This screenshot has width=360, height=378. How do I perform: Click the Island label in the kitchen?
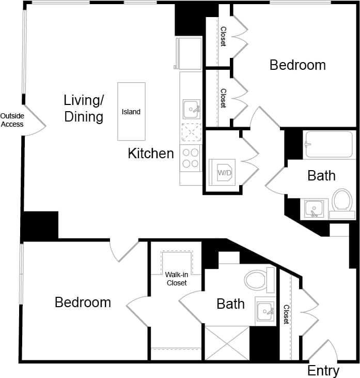(x=131, y=112)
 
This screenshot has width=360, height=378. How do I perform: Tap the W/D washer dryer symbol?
(x=224, y=172)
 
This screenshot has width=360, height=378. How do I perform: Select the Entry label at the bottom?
(x=323, y=370)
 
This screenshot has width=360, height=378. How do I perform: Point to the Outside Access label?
(x=11, y=120)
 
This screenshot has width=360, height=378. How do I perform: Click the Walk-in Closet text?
(x=176, y=279)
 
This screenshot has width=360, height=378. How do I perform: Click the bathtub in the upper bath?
(x=329, y=144)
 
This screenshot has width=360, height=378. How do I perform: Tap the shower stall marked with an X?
(x=227, y=343)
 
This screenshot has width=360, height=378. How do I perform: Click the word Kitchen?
(x=151, y=154)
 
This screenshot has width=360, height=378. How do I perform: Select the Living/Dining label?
(x=84, y=108)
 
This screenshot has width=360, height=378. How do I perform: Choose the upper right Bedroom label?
(x=298, y=65)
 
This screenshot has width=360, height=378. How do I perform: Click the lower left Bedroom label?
(x=83, y=302)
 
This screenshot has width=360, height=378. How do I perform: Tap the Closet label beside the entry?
(x=286, y=314)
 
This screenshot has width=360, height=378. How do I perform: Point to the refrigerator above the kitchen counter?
(x=189, y=53)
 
